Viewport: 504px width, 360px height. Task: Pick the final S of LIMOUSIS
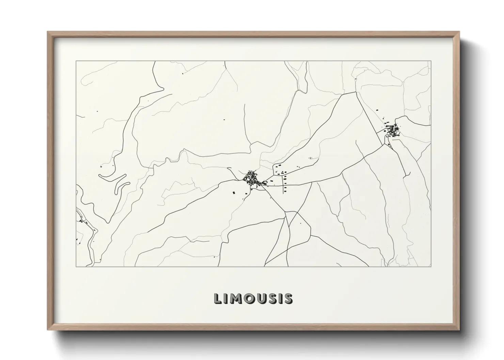tap(287, 298)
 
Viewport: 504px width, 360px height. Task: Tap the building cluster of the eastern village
tap(393, 130)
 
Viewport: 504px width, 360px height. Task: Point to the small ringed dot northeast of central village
tap(310, 158)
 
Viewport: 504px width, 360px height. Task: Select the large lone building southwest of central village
tap(234, 193)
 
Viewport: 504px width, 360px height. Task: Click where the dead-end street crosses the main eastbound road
tap(283, 185)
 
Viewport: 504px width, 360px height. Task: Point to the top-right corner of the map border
tap(431, 61)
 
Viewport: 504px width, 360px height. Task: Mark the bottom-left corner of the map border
tap(76, 266)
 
